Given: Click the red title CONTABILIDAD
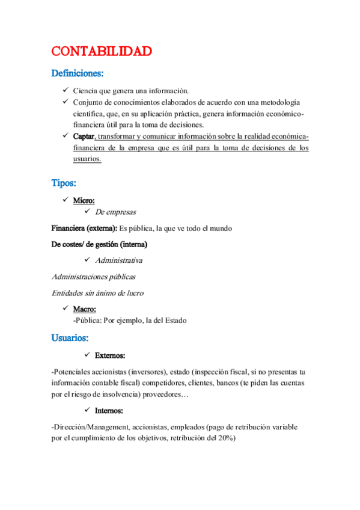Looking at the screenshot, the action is (101, 51).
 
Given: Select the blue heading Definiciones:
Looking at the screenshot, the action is (78, 74).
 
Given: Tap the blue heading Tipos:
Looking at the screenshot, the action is (64, 182).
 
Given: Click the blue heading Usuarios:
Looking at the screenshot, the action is (70, 337).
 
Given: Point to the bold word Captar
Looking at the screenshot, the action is (84, 137).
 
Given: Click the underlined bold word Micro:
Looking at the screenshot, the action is (84, 200).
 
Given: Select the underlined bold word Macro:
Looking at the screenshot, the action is (85, 309).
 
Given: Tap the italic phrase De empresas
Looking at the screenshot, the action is (115, 212).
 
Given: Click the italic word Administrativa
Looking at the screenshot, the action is (119, 260).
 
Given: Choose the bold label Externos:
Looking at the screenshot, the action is (110, 356).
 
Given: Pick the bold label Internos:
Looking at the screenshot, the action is (109, 411).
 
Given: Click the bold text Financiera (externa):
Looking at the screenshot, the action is (84, 229).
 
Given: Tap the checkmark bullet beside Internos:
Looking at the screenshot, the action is (89, 410).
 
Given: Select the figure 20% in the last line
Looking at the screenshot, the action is (225, 438).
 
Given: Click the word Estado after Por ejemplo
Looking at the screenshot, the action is (174, 321).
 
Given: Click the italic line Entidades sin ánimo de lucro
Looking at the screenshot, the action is (97, 293).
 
